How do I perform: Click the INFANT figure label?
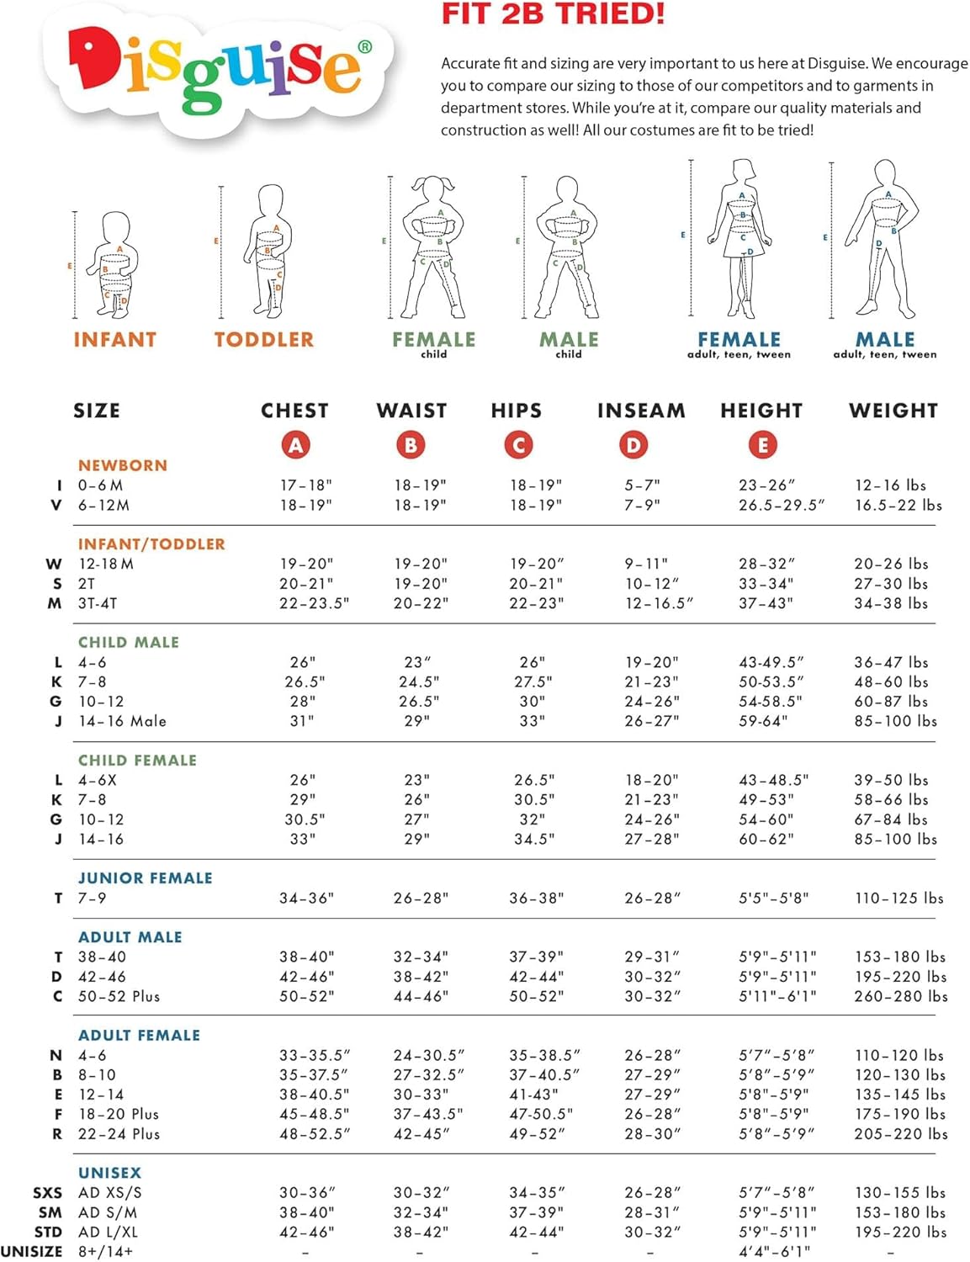pyautogui.click(x=115, y=340)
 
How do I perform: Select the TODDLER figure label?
pyautogui.click(x=263, y=340)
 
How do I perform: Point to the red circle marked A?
pyautogui.click(x=295, y=445)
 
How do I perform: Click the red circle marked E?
pyautogui.click(x=762, y=445)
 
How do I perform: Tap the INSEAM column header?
pyautogui.click(x=641, y=411)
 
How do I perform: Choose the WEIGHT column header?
pyautogui.click(x=893, y=411)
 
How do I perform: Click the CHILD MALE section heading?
pyautogui.click(x=129, y=642)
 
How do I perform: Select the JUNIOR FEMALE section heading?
pyautogui.click(x=146, y=878)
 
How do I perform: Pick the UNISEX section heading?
pyautogui.click(x=110, y=1172)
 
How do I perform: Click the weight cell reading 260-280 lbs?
pyautogui.click(x=901, y=996)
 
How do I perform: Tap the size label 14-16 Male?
pyautogui.click(x=123, y=721)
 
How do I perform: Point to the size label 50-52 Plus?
pyautogui.click(x=119, y=996)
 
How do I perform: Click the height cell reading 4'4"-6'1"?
pyautogui.click(x=774, y=1251)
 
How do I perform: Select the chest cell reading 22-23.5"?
pyautogui.click(x=314, y=603)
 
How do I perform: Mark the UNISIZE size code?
pyautogui.click(x=31, y=1252)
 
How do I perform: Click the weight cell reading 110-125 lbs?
pyautogui.click(x=898, y=898)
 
